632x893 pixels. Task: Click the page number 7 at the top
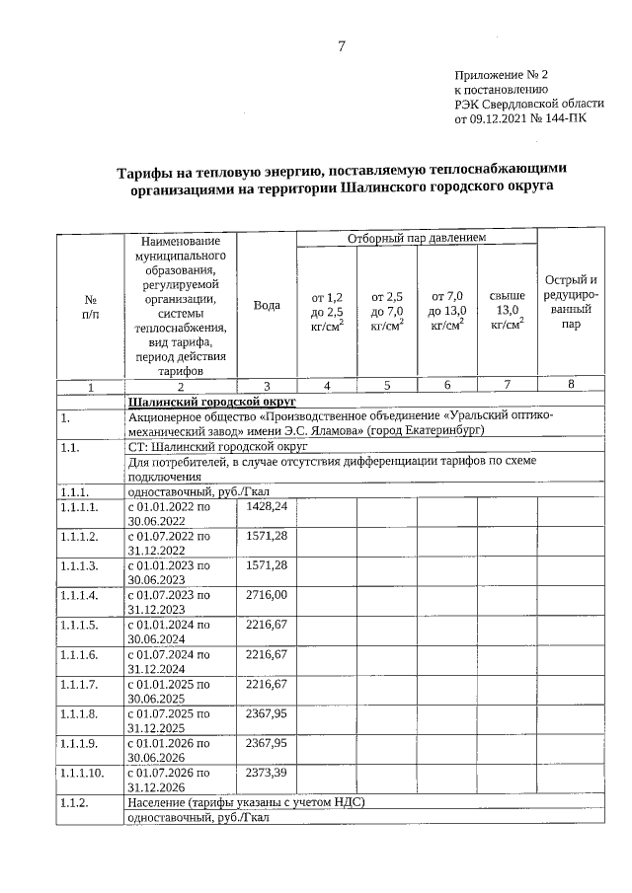342,45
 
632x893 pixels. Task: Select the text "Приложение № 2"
501,75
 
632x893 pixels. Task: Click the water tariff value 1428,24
266,506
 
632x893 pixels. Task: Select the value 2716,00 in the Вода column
266,595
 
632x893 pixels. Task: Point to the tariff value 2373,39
266,773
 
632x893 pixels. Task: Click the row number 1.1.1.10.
82,774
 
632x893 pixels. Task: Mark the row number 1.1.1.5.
78,626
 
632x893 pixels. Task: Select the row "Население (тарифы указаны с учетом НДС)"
246,803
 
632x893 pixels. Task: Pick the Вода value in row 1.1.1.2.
266,536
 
